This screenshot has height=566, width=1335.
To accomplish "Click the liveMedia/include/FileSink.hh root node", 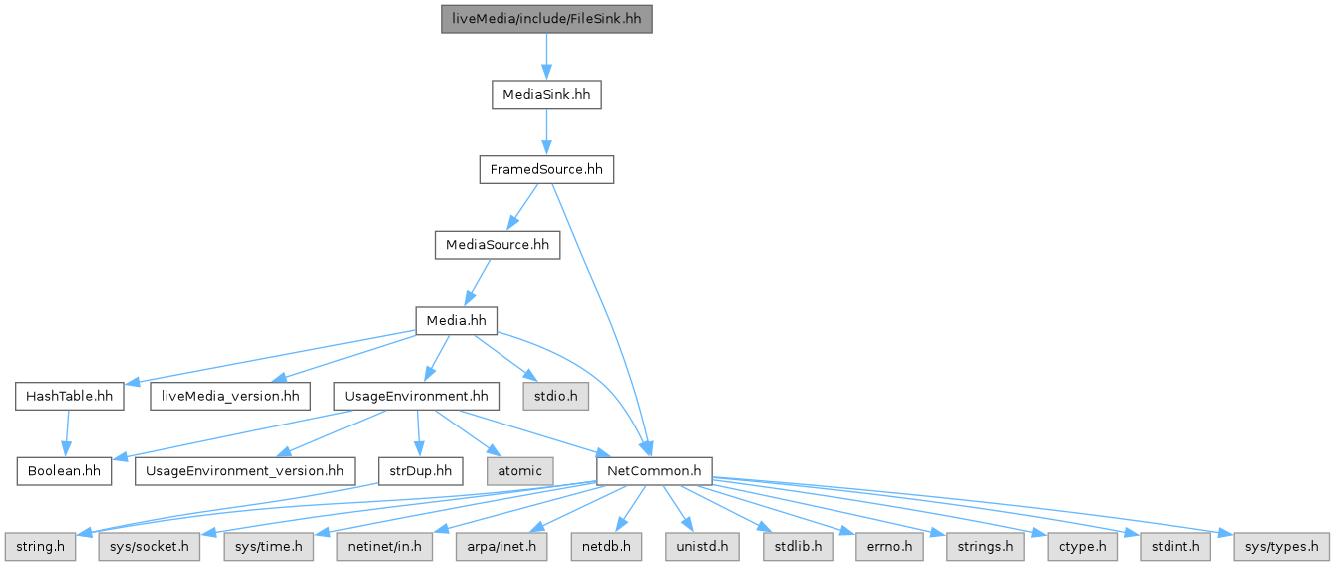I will coord(546,19).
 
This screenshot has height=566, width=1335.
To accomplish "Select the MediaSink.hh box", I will coord(546,95).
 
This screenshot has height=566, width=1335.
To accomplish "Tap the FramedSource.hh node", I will coord(546,169).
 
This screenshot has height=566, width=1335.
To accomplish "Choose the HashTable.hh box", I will coord(69,396).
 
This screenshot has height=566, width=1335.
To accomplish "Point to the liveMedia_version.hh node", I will coord(226,396).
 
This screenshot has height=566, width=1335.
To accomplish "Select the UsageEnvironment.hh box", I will coord(416,396).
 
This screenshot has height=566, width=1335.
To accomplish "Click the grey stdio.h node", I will coord(555,396).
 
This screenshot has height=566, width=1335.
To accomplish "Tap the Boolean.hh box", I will coord(63,470).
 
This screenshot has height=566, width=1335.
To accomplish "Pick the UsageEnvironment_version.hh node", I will coord(245,470).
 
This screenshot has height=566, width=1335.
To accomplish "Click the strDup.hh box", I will coord(420,470).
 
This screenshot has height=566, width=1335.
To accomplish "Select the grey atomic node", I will coord(519,470).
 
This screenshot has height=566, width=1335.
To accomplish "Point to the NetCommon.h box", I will coord(653,470).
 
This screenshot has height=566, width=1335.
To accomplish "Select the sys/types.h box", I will coord(1281,546).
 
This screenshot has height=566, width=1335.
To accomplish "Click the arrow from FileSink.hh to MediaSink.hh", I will coord(546,57).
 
